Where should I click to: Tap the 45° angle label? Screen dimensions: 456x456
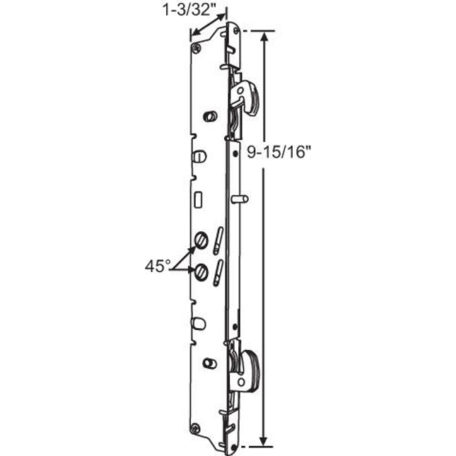(158, 266)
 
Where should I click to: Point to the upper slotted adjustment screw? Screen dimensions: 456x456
(201, 242)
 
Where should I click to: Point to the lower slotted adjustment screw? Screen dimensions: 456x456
(202, 269)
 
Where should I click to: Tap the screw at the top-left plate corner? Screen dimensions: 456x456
(196, 47)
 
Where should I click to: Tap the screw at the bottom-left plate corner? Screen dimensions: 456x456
(196, 427)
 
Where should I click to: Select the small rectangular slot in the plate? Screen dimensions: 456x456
(199, 200)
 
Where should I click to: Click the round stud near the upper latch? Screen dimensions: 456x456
(209, 116)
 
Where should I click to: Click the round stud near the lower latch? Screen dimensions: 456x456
(209, 363)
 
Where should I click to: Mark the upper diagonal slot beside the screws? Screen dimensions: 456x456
(218, 237)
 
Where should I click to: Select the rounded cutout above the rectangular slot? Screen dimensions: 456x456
(199, 155)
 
